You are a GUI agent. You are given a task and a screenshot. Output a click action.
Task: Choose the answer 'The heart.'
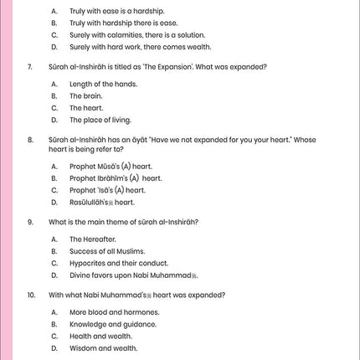pos(86,108)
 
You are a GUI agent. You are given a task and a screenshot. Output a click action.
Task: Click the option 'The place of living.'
pos(100,120)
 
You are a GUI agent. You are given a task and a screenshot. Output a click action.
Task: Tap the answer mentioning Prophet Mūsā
pos(111,167)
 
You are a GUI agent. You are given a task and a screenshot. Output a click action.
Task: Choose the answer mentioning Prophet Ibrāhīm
pos(116,178)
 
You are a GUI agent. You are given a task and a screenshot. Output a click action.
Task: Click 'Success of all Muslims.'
pos(107,251)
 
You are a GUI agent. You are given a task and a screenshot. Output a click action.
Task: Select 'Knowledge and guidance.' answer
pos(114,323)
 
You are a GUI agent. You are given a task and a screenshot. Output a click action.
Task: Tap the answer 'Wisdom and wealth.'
pos(104,347)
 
